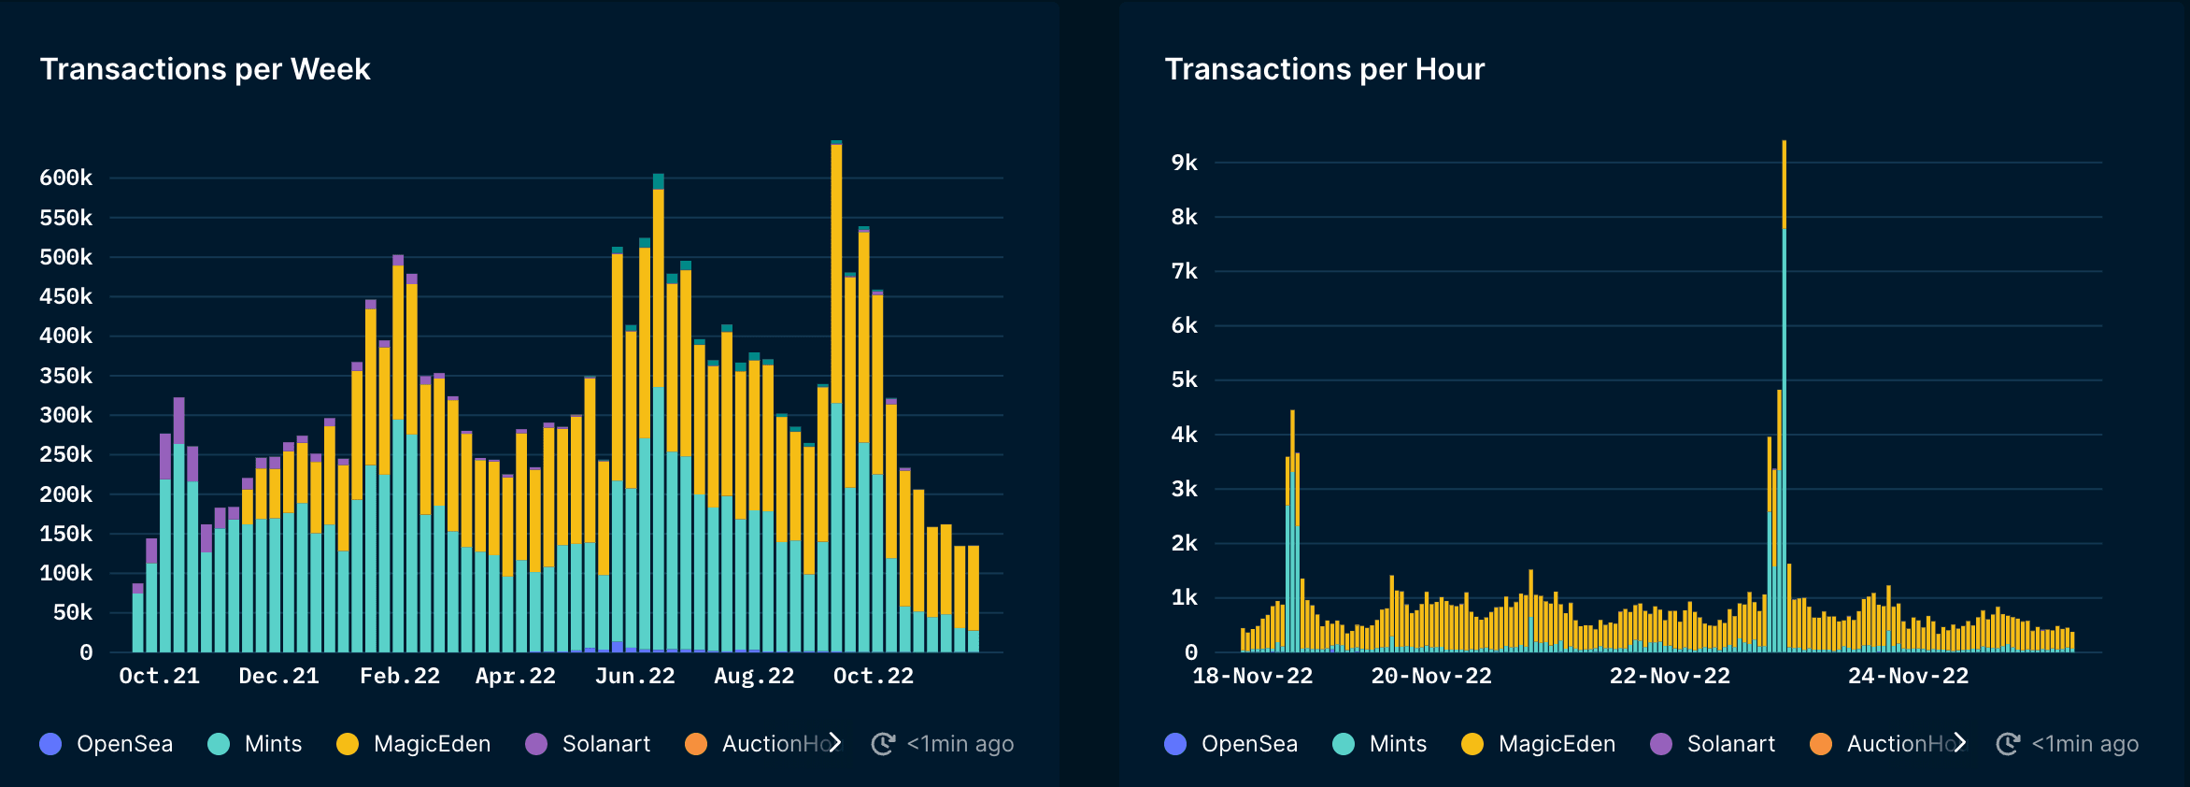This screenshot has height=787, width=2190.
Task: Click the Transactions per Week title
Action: click(205, 69)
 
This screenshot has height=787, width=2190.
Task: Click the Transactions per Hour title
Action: click(1324, 69)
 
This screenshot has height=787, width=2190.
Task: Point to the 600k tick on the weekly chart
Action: click(66, 178)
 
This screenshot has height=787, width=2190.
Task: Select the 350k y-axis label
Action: click(66, 376)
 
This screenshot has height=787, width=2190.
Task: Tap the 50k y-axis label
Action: click(72, 612)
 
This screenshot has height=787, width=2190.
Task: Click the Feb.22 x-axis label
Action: click(400, 676)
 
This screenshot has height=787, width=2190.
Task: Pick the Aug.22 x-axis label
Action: click(754, 676)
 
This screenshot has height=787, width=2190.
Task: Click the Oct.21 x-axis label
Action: click(160, 676)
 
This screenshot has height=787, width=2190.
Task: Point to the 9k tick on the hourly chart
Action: click(1184, 163)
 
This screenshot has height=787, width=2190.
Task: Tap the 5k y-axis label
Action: click(1184, 379)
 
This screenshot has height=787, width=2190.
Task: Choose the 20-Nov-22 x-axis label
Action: click(1431, 676)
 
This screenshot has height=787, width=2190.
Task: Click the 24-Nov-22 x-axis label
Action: click(1908, 676)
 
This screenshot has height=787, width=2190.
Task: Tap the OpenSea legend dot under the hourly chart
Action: click(1175, 744)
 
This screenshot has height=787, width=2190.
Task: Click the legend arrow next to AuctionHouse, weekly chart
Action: click(835, 742)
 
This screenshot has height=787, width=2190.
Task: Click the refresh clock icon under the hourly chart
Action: click(2007, 744)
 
